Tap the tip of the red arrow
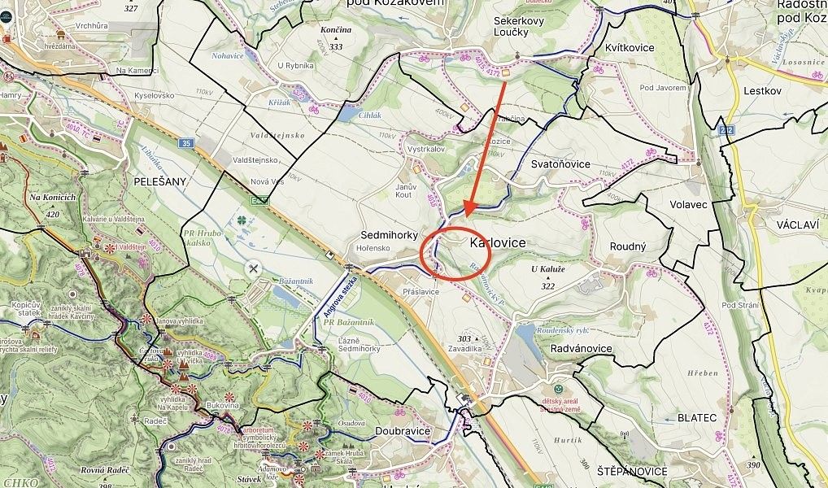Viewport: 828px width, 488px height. point(464,216)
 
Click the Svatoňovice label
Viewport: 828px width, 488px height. point(572,164)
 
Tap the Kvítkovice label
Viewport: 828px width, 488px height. point(630,48)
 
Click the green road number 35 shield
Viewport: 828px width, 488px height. point(187,144)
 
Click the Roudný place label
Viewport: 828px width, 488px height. point(627,246)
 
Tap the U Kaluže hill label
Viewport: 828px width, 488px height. point(547,269)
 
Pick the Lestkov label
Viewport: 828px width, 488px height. point(762,91)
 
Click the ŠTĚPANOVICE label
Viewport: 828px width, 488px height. point(632,472)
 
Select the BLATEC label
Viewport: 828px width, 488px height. point(697,417)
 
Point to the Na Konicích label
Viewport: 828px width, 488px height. point(52,198)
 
